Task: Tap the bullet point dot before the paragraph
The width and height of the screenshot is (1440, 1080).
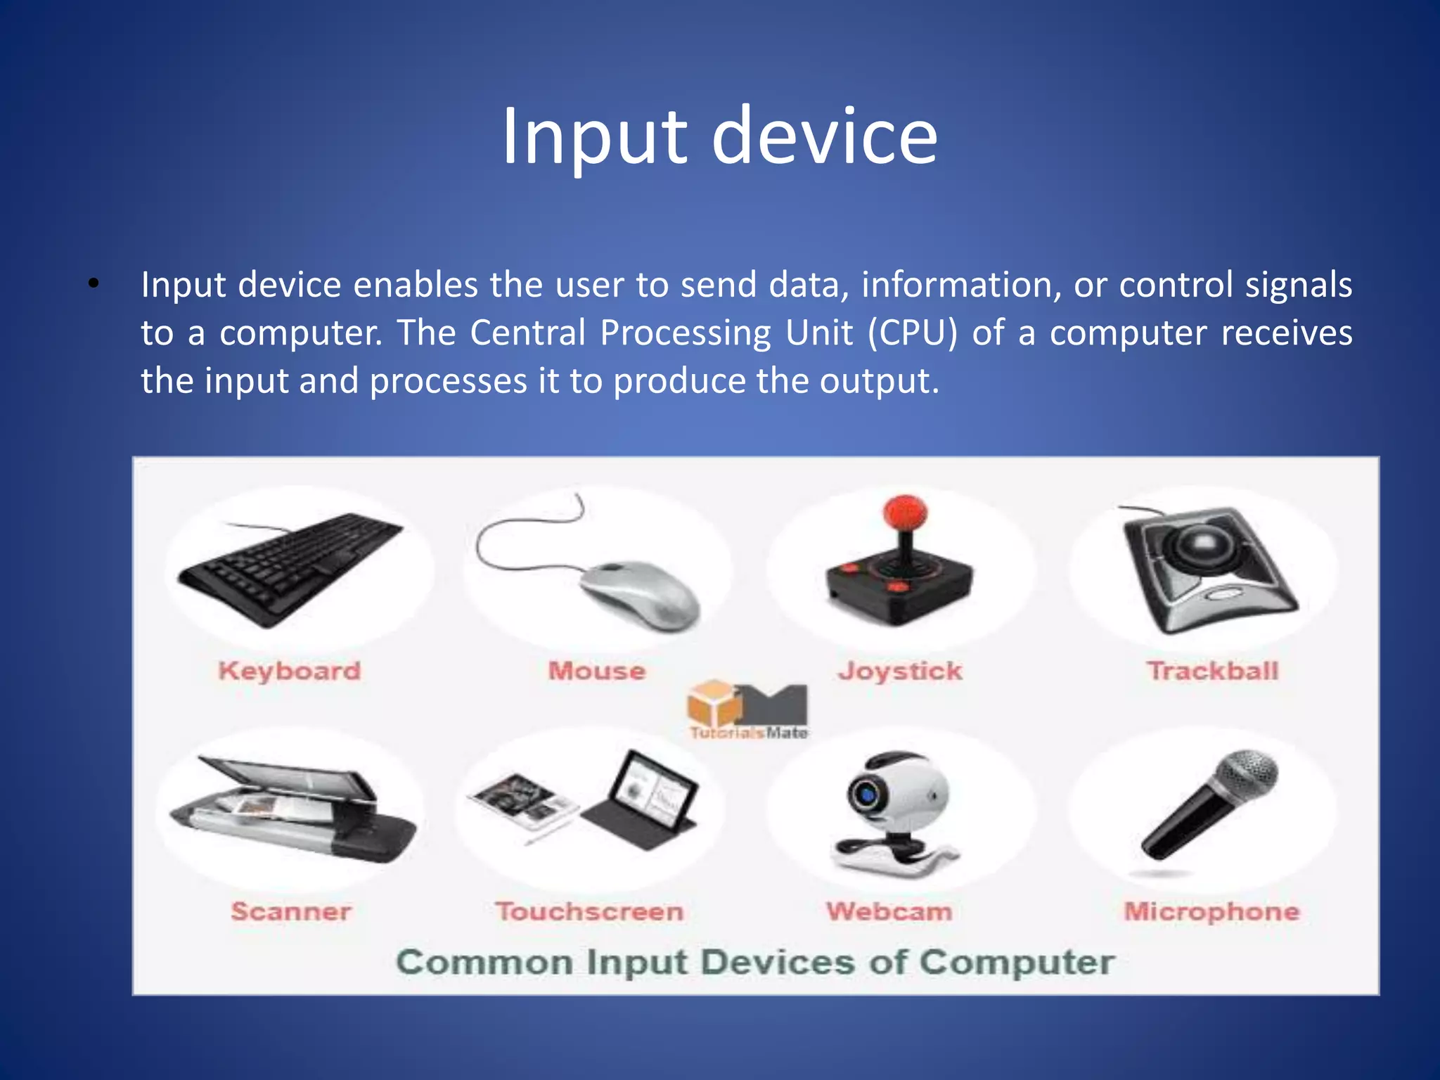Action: pyautogui.click(x=94, y=285)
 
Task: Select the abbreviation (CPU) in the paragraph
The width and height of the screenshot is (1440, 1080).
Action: pyautogui.click(x=913, y=333)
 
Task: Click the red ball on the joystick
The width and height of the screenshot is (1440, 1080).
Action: pyautogui.click(x=905, y=511)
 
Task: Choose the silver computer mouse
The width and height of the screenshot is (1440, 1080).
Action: pyautogui.click(x=640, y=594)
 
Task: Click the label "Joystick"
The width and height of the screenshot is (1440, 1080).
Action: pyautogui.click(x=900, y=671)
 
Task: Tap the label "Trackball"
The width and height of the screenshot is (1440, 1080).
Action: pyautogui.click(x=1213, y=671)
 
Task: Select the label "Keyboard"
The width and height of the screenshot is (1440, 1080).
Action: pyautogui.click(x=289, y=671)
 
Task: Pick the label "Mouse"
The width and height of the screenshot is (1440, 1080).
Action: pyautogui.click(x=596, y=671)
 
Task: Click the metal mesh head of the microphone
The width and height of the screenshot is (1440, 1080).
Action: pyautogui.click(x=1248, y=773)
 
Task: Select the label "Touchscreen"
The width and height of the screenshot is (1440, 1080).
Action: pyautogui.click(x=589, y=912)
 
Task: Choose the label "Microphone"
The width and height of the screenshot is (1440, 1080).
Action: pyautogui.click(x=1211, y=912)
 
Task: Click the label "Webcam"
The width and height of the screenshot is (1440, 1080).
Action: pyautogui.click(x=889, y=912)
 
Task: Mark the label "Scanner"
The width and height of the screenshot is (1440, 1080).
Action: pyautogui.click(x=290, y=912)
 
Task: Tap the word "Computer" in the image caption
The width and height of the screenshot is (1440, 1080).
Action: pyautogui.click(x=1017, y=963)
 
